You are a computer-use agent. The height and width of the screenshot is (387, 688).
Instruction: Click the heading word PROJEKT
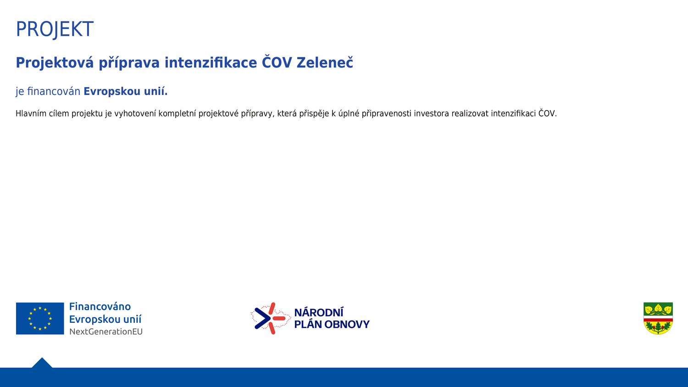pyautogui.click(x=55, y=29)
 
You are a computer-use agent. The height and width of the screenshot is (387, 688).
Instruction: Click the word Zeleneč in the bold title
pyautogui.click(x=325, y=63)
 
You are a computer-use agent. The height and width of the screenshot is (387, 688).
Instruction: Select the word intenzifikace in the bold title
pyautogui.click(x=211, y=63)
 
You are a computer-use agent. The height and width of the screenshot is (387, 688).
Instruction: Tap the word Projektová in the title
pyautogui.click(x=55, y=63)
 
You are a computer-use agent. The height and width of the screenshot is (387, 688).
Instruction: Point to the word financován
pyautogui.click(x=54, y=92)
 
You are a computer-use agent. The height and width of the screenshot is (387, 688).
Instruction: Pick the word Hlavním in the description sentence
pyautogui.click(x=31, y=114)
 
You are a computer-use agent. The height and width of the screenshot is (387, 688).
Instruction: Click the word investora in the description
pyautogui.click(x=431, y=114)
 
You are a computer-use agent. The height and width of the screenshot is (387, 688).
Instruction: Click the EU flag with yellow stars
pyautogui.click(x=40, y=319)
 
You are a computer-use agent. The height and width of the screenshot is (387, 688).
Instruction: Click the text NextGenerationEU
pyautogui.click(x=106, y=332)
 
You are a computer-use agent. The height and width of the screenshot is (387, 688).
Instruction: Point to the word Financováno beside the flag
pyautogui.click(x=100, y=307)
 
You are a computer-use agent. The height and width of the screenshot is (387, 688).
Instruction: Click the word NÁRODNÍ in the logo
pyautogui.click(x=319, y=312)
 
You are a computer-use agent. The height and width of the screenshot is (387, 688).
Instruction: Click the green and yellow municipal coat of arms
pyautogui.click(x=658, y=319)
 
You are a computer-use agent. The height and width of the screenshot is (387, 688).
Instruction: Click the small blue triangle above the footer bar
pyautogui.click(x=42, y=363)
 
